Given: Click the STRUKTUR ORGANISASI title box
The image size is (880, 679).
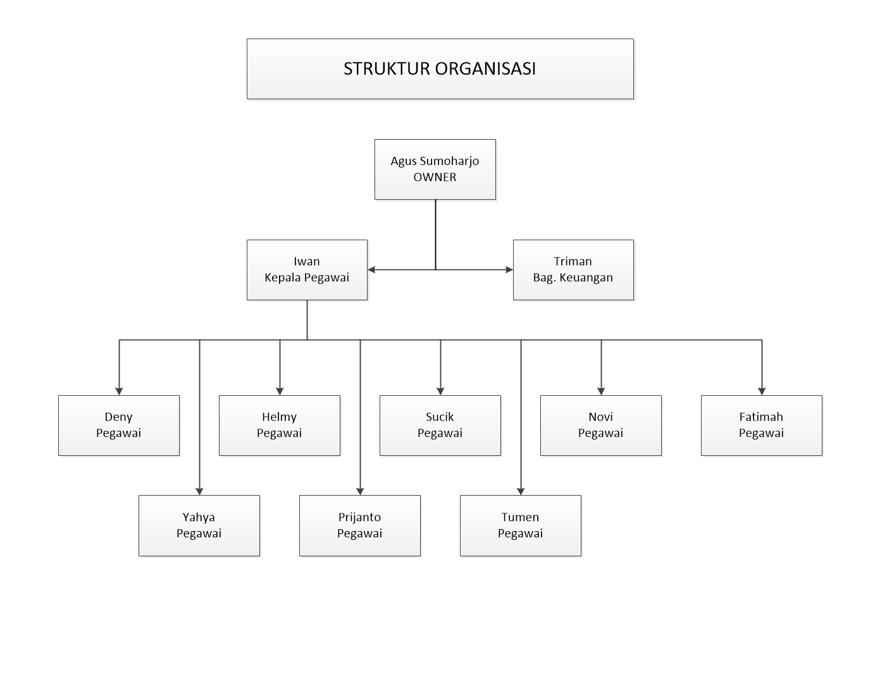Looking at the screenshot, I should pos(440,69).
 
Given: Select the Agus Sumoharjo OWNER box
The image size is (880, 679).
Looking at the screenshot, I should pos(435,169).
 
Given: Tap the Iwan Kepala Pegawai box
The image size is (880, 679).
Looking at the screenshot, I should pos(307,270).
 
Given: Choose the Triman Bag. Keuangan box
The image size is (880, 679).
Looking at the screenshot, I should pos(573,270).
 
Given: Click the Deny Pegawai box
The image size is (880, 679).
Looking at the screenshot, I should pos(119,425).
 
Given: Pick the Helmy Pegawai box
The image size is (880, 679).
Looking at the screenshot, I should pos(280,425).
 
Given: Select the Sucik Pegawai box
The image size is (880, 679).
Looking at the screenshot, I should pos(440,425).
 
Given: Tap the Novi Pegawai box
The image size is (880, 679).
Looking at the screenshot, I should pos(601,425).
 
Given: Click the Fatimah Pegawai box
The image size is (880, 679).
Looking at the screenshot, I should pos(762,425).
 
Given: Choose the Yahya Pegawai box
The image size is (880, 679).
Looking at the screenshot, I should pos(199,525).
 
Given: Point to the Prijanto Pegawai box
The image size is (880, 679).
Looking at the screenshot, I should pos(360,525).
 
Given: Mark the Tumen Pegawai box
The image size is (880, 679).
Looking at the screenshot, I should pos(521,525).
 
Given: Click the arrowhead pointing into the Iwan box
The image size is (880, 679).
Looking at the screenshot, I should pos(371,270).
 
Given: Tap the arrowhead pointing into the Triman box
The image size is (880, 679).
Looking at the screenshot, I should pos(509,270).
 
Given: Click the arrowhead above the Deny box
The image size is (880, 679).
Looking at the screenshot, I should pos(119,391).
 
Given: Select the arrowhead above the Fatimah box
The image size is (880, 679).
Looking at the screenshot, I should pos(762,391).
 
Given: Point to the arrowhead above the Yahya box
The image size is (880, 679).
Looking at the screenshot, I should pos(199,491).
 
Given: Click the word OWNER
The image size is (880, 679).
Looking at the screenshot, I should pos(435,178).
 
